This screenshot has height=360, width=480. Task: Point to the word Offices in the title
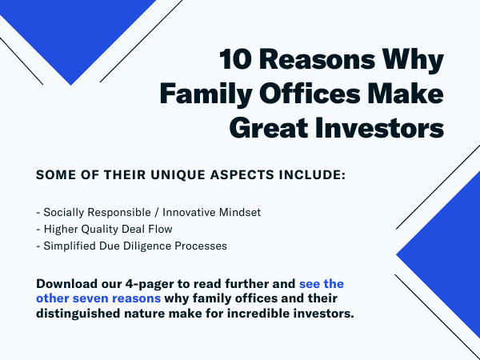pos(310,93)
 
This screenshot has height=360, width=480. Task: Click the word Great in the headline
pos(269,127)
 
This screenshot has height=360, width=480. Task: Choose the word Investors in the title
pos(379,127)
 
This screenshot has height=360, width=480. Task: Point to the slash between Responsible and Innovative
pos(157,213)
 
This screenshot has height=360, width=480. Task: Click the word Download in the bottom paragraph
pos(66,283)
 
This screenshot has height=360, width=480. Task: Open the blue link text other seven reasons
pos(98,298)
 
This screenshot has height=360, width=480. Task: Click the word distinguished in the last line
pos(78,314)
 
